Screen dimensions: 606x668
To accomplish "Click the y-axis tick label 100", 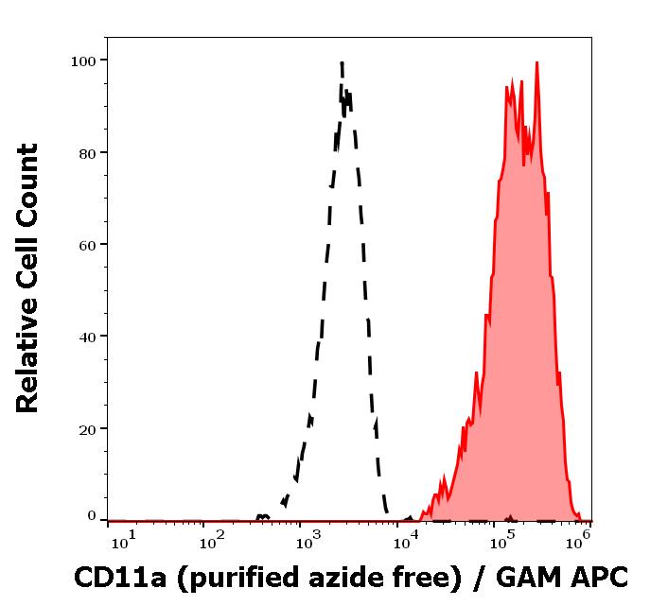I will (84, 61).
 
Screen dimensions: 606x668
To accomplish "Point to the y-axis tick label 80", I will (88, 152).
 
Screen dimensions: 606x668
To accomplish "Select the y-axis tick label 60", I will (88, 244).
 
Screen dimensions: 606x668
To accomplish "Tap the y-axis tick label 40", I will (88, 336).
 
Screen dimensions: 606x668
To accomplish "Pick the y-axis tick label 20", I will (88, 428).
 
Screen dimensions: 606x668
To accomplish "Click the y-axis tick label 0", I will (92, 516).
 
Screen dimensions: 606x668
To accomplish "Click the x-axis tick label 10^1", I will (125, 540).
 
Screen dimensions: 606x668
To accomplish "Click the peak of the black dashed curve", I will (341, 63).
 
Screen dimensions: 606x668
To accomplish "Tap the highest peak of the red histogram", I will (536, 63).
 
